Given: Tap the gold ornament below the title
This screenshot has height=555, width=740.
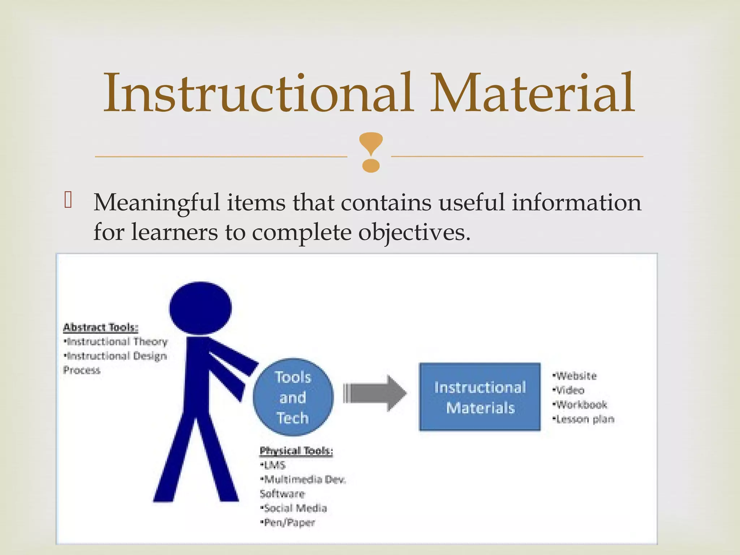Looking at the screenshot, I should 371,151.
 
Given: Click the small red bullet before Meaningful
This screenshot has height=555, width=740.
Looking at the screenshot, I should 68,200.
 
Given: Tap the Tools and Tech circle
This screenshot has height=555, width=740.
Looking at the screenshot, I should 293,397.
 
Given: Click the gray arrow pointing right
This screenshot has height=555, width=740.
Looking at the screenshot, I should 375,393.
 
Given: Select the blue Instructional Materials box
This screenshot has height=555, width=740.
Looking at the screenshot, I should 479,397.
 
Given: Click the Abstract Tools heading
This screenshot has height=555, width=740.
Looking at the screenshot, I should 101,328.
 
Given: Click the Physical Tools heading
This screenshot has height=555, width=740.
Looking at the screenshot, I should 296,451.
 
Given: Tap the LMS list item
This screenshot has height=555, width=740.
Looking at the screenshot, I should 274,465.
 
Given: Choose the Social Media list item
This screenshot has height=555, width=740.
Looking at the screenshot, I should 294,508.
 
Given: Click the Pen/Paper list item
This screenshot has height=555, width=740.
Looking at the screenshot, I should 288,523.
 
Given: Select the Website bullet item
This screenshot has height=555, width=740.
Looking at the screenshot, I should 575,376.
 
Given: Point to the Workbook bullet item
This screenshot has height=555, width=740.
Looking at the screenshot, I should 580,405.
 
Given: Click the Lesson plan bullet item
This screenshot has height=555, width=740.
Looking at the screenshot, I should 584,419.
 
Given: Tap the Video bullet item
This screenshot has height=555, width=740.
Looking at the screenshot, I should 569,391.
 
